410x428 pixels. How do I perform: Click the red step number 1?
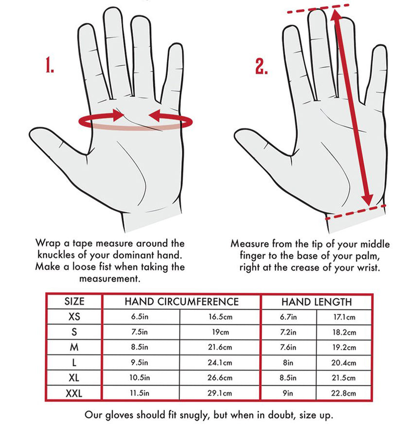click(x=50, y=65)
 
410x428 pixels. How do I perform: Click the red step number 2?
click(x=261, y=66)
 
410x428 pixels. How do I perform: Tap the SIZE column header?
click(x=74, y=301)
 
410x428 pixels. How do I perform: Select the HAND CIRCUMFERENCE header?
click(x=182, y=302)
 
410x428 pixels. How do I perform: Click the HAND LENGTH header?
click(x=317, y=302)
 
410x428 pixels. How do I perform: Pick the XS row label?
click(x=74, y=316)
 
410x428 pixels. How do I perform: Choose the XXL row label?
click(x=74, y=393)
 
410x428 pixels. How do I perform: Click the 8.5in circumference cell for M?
click(x=140, y=347)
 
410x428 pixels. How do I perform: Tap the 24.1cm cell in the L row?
click(x=220, y=362)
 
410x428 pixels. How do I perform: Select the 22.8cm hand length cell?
click(x=344, y=393)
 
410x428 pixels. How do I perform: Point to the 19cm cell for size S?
click(x=220, y=332)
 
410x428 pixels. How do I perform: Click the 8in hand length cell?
click(x=288, y=363)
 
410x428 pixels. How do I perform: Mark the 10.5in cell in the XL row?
click(x=140, y=378)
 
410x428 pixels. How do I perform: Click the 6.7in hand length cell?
click(x=288, y=317)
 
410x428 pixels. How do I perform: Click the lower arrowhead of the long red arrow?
click(x=368, y=199)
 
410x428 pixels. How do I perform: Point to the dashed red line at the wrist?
click(x=356, y=212)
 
